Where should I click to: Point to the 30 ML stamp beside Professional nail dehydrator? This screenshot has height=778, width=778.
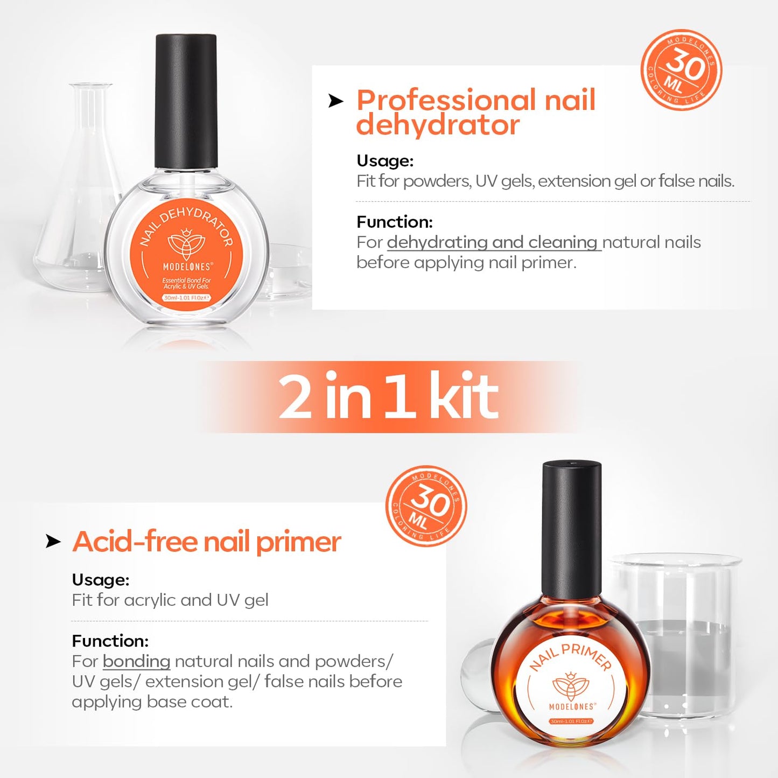pyautogui.click(x=681, y=70)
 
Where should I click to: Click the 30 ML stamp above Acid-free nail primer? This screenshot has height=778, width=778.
pyautogui.click(x=426, y=506)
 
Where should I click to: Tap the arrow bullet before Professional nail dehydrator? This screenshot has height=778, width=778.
pyautogui.click(x=335, y=101)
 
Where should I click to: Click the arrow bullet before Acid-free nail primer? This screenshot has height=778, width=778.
pyautogui.click(x=53, y=541)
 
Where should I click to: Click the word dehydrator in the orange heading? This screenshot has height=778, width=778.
pyautogui.click(x=438, y=125)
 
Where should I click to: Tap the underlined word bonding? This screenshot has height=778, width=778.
pyautogui.click(x=136, y=661)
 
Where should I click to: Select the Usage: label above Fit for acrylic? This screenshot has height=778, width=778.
pyautogui.click(x=101, y=580)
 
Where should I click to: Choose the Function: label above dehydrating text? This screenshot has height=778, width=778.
pyautogui.click(x=395, y=222)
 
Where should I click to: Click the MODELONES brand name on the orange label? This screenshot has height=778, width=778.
pyautogui.click(x=187, y=267)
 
